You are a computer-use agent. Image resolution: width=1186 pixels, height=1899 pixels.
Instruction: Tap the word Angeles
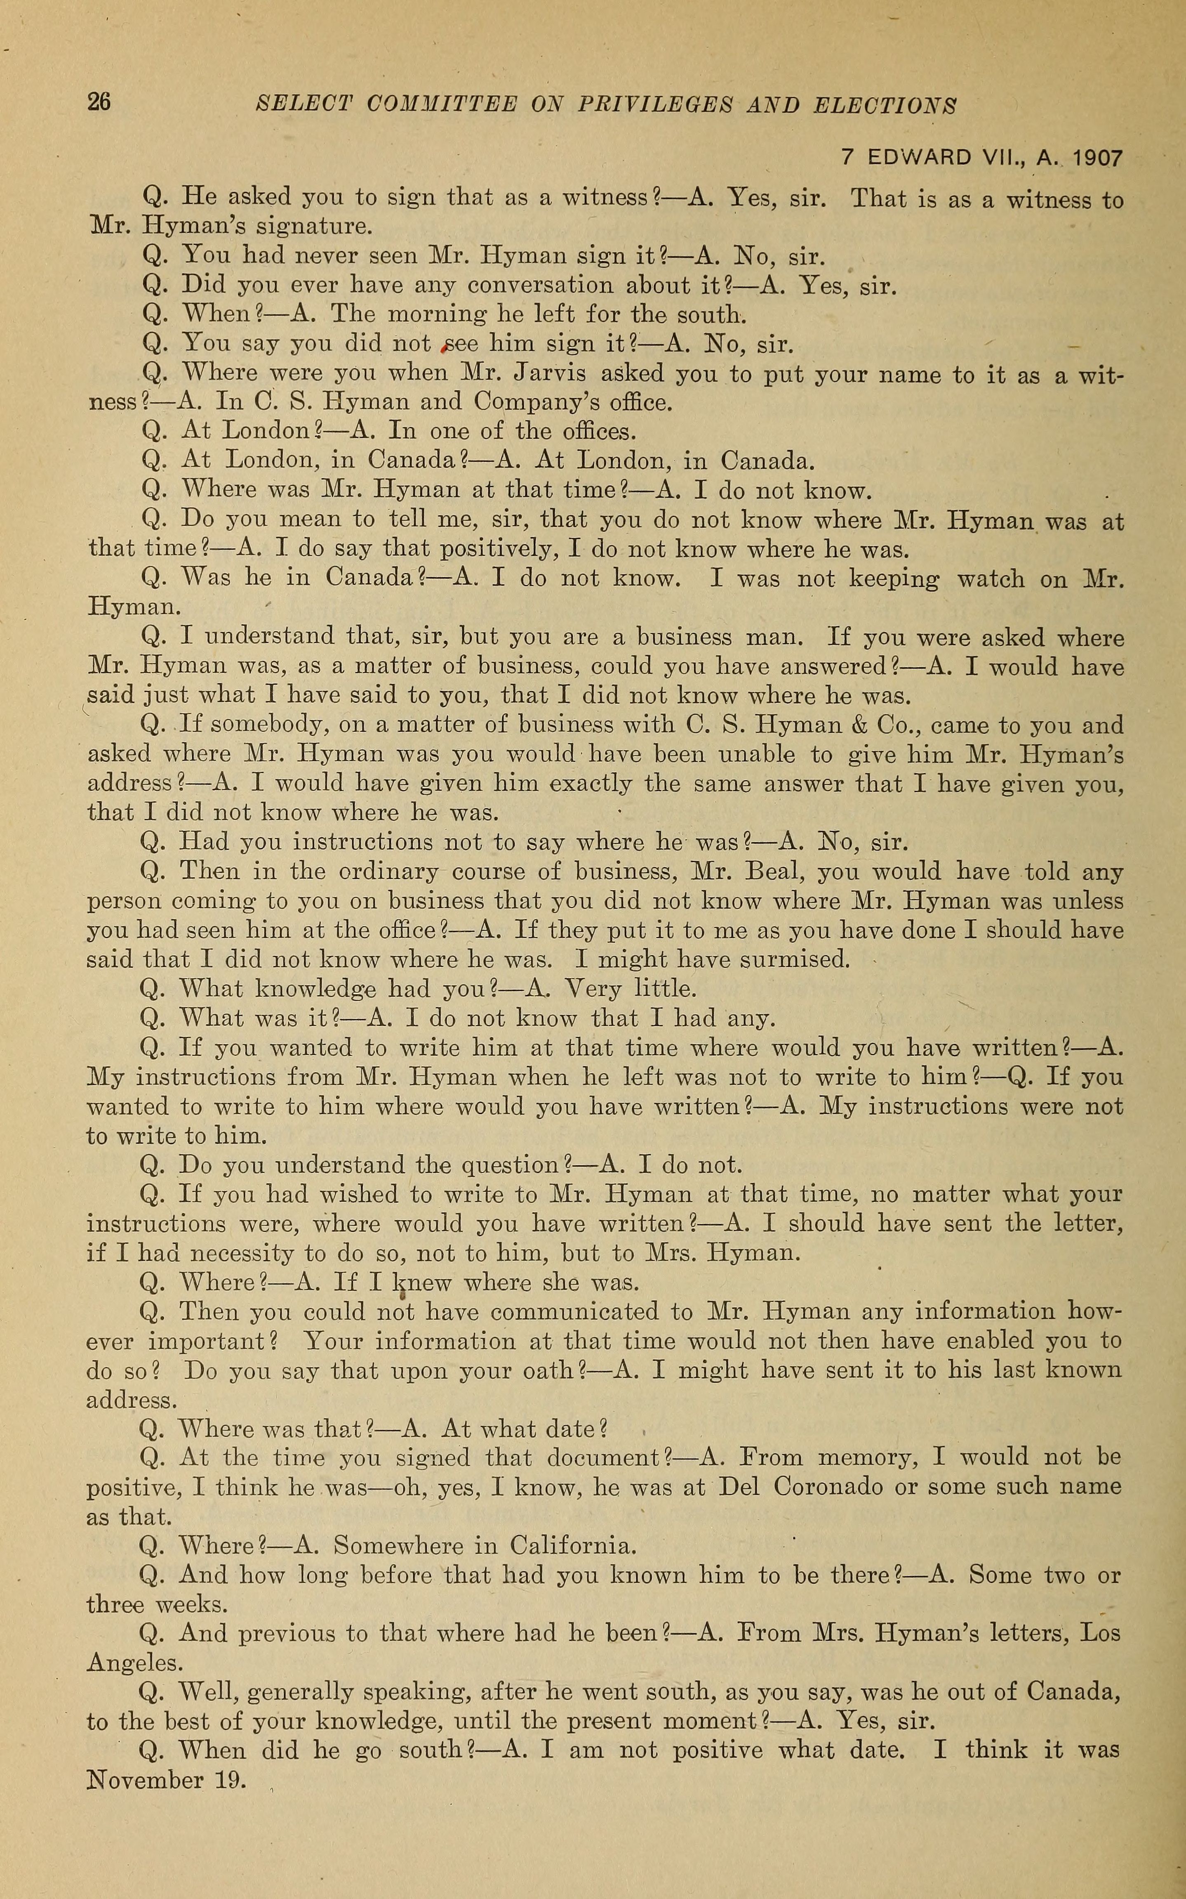pos(132,1664)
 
